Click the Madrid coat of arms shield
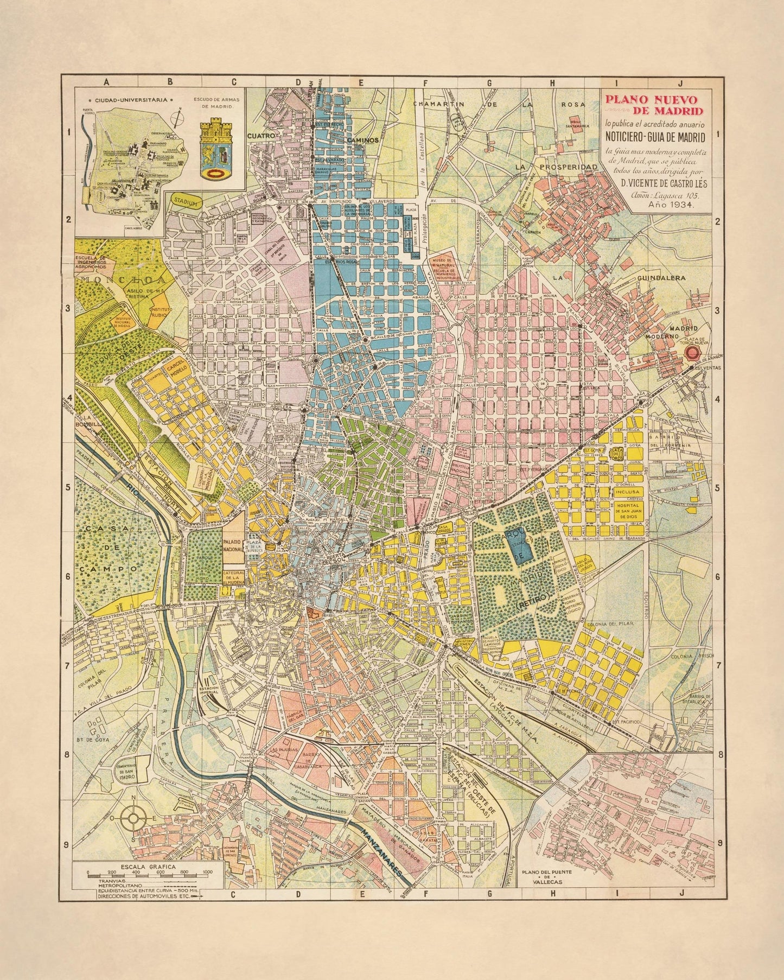[x=216, y=151]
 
